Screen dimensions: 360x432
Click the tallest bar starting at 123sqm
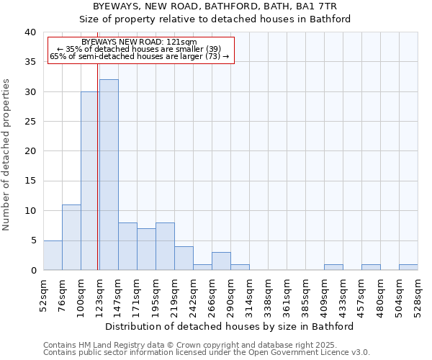(109, 175)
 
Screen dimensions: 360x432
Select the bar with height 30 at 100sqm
(89, 181)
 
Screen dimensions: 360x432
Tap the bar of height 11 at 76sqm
(71, 238)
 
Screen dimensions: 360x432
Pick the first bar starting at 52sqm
(53, 256)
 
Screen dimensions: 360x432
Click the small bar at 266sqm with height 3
(221, 261)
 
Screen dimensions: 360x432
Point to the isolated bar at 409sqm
(333, 267)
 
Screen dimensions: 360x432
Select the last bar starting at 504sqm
(408, 267)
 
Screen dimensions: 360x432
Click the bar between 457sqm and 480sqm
(371, 267)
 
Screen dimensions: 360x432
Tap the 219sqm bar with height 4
(184, 258)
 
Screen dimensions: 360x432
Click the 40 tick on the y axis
(30, 32)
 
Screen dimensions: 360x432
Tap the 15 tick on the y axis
(30, 181)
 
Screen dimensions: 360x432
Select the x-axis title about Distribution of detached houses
(234, 326)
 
